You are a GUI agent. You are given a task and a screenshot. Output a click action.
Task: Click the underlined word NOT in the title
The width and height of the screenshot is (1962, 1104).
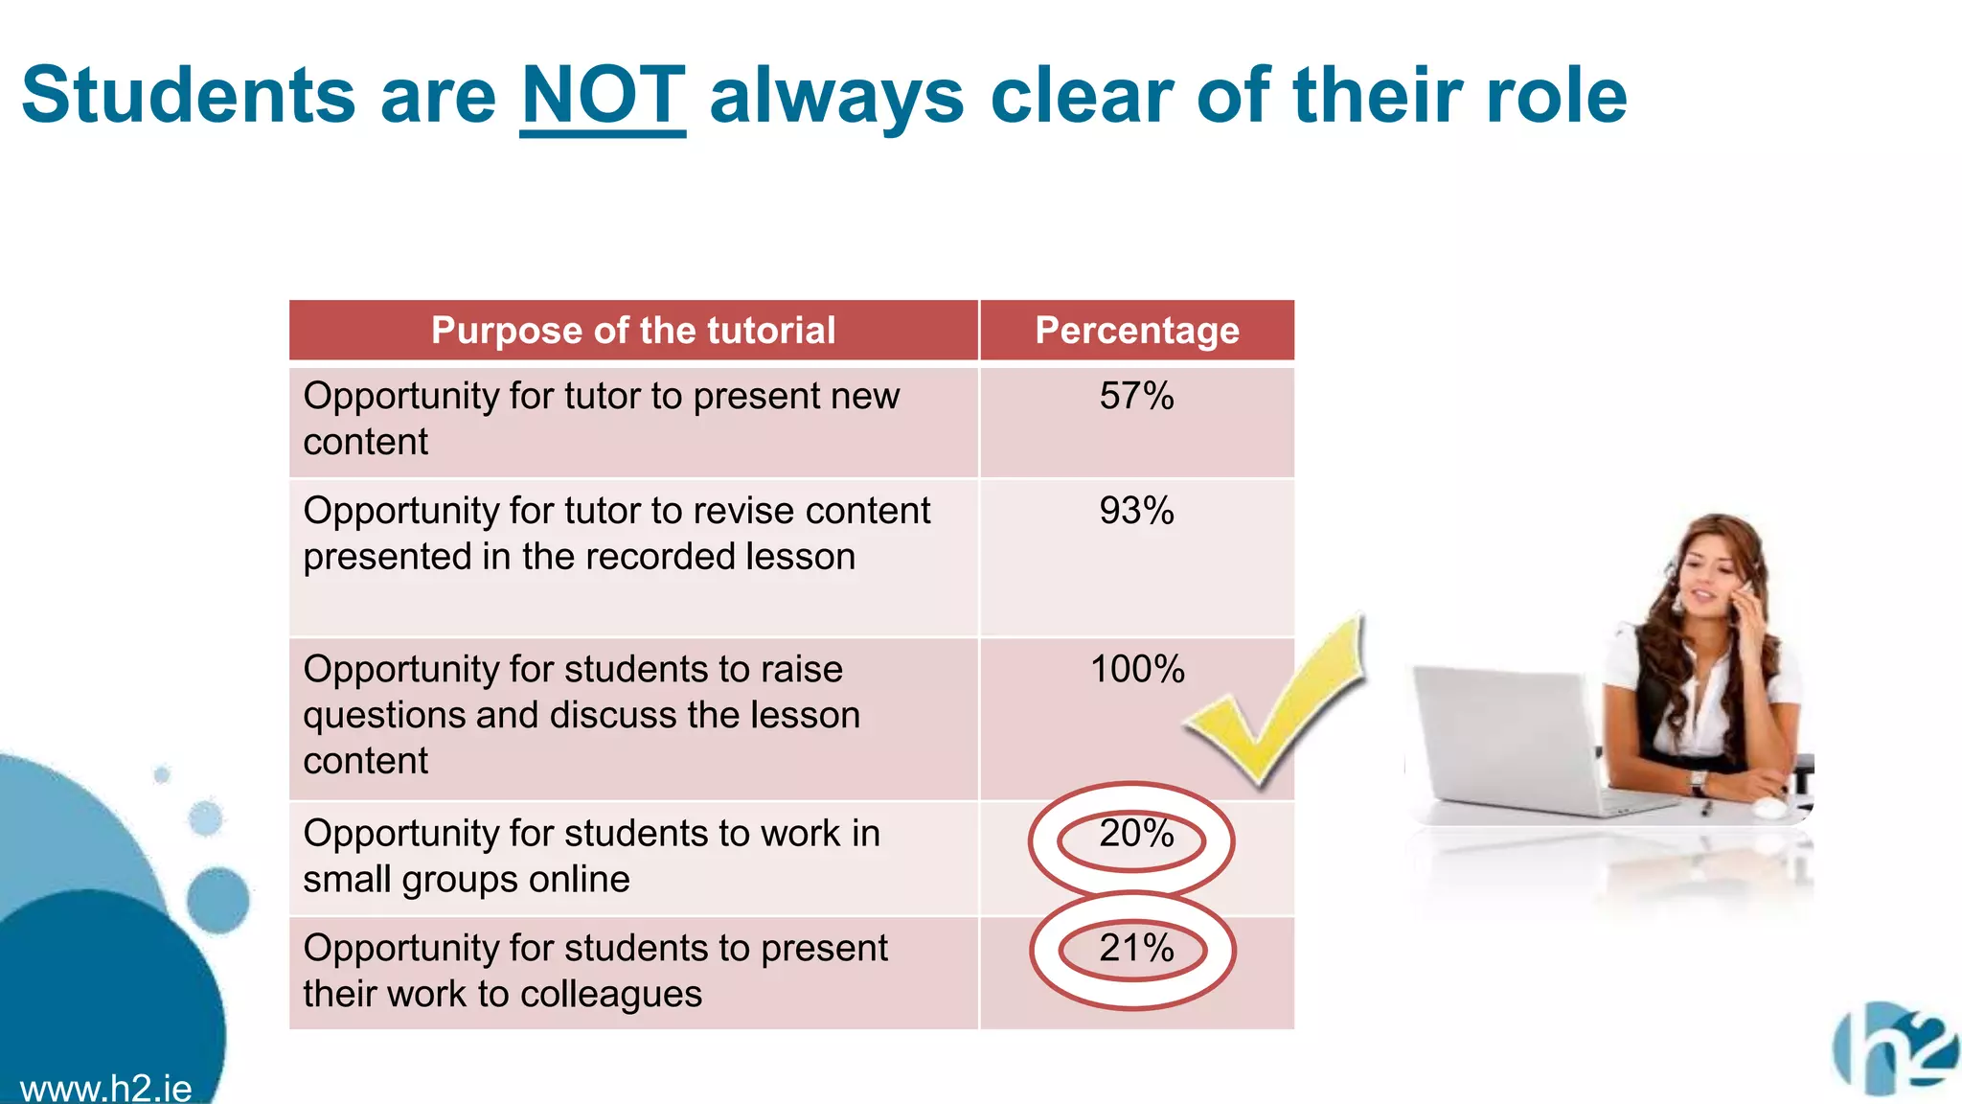[603, 96]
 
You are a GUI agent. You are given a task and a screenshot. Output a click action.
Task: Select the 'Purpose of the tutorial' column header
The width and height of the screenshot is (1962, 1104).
[633, 331]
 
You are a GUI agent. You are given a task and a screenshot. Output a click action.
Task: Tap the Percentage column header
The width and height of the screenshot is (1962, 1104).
[1137, 331]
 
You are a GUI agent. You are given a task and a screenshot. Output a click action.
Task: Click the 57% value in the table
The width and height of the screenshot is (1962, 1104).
[1136, 396]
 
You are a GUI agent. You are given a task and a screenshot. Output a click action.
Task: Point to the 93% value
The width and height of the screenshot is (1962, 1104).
[1136, 511]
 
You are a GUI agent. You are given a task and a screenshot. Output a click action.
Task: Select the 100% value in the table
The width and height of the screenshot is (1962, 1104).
[1137, 669]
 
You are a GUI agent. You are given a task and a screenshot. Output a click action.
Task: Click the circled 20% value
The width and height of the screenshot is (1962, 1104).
[1136, 834]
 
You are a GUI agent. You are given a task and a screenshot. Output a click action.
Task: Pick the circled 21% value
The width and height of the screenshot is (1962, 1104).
[1136, 949]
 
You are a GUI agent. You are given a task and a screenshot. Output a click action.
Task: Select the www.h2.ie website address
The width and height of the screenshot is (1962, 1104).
[105, 1089]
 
